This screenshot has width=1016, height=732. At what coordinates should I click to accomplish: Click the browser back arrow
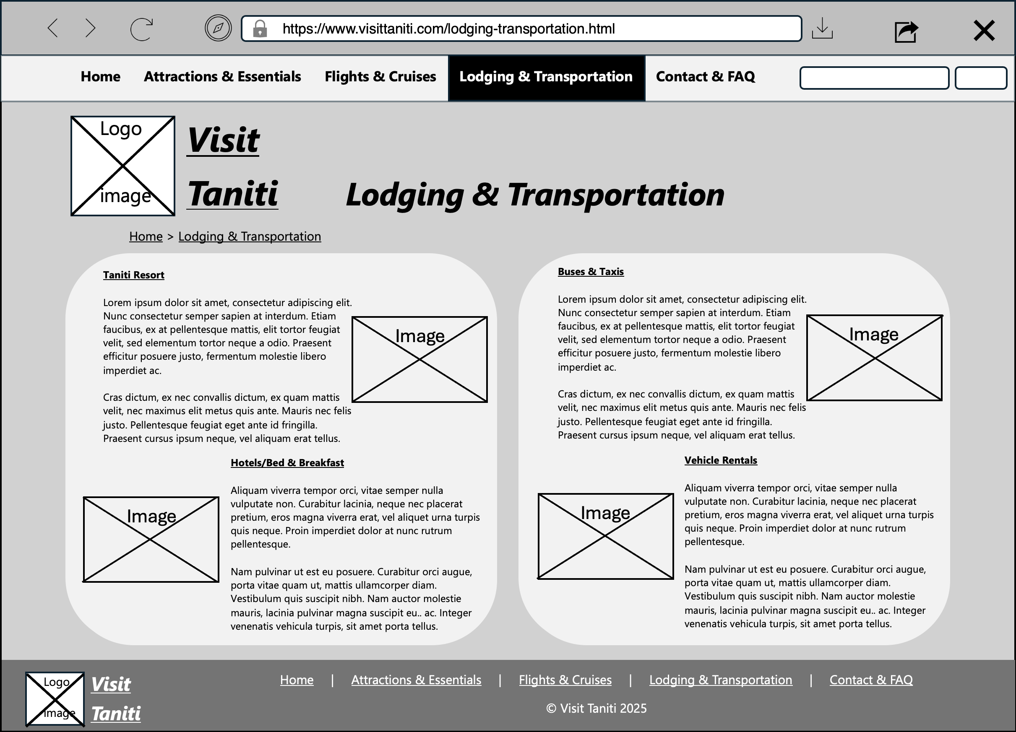pyautogui.click(x=53, y=28)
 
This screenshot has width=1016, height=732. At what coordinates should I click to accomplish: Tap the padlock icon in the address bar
pyautogui.click(x=260, y=29)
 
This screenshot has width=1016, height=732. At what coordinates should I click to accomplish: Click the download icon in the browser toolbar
pyautogui.click(x=822, y=28)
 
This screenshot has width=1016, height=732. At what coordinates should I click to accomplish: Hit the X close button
pyautogui.click(x=984, y=31)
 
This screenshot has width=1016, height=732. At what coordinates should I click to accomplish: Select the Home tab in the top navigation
pyautogui.click(x=100, y=77)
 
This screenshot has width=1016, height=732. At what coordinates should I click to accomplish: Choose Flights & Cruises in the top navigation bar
pyautogui.click(x=380, y=77)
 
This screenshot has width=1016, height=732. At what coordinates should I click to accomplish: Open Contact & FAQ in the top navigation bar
pyautogui.click(x=705, y=77)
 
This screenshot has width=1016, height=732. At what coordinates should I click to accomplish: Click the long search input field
pyautogui.click(x=874, y=78)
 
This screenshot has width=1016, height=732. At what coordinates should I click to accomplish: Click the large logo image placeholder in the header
pyautogui.click(x=123, y=166)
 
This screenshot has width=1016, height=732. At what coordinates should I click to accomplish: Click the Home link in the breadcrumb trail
pyautogui.click(x=146, y=236)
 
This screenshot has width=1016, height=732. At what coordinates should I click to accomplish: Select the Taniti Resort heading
pyautogui.click(x=133, y=275)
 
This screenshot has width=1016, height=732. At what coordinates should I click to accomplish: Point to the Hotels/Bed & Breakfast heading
pyautogui.click(x=287, y=462)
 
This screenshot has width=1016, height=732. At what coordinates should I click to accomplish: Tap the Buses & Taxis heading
pyautogui.click(x=590, y=271)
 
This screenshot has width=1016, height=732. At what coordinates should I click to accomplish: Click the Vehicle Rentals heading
pyautogui.click(x=720, y=460)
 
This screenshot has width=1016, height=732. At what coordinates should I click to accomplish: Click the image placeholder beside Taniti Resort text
pyautogui.click(x=419, y=359)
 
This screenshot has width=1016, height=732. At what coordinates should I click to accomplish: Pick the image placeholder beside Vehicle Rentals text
pyautogui.click(x=605, y=536)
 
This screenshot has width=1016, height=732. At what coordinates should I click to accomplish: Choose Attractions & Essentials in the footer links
pyautogui.click(x=416, y=680)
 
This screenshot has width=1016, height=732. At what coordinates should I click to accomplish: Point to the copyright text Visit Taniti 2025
pyautogui.click(x=596, y=708)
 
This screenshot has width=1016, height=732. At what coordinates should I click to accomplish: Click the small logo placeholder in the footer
pyautogui.click(x=55, y=699)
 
